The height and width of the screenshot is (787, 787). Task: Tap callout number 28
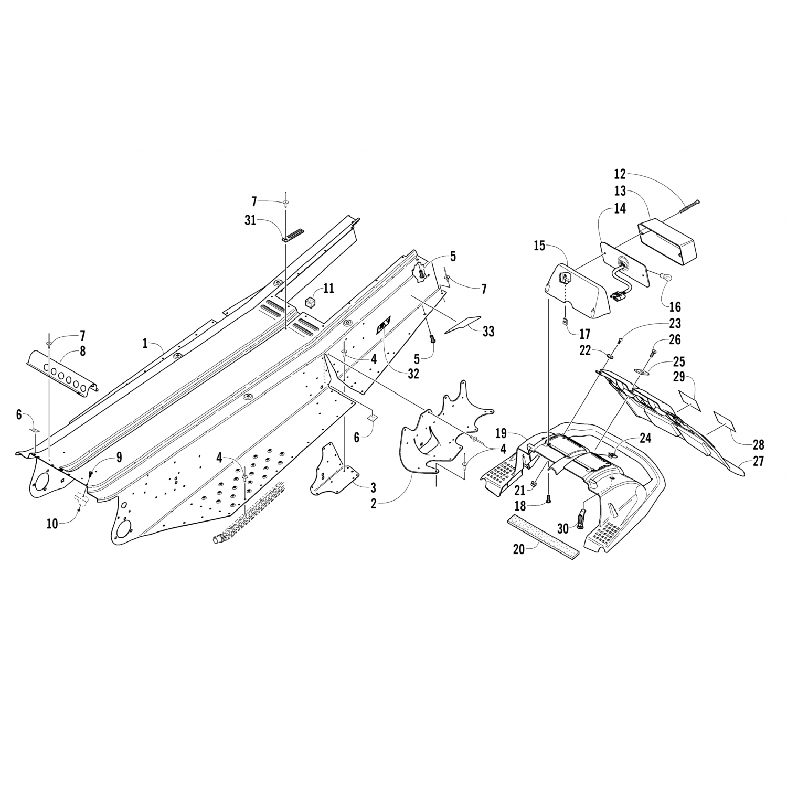tap(758, 445)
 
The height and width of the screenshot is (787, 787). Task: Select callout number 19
tap(501, 433)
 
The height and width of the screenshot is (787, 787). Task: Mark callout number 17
tap(584, 334)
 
